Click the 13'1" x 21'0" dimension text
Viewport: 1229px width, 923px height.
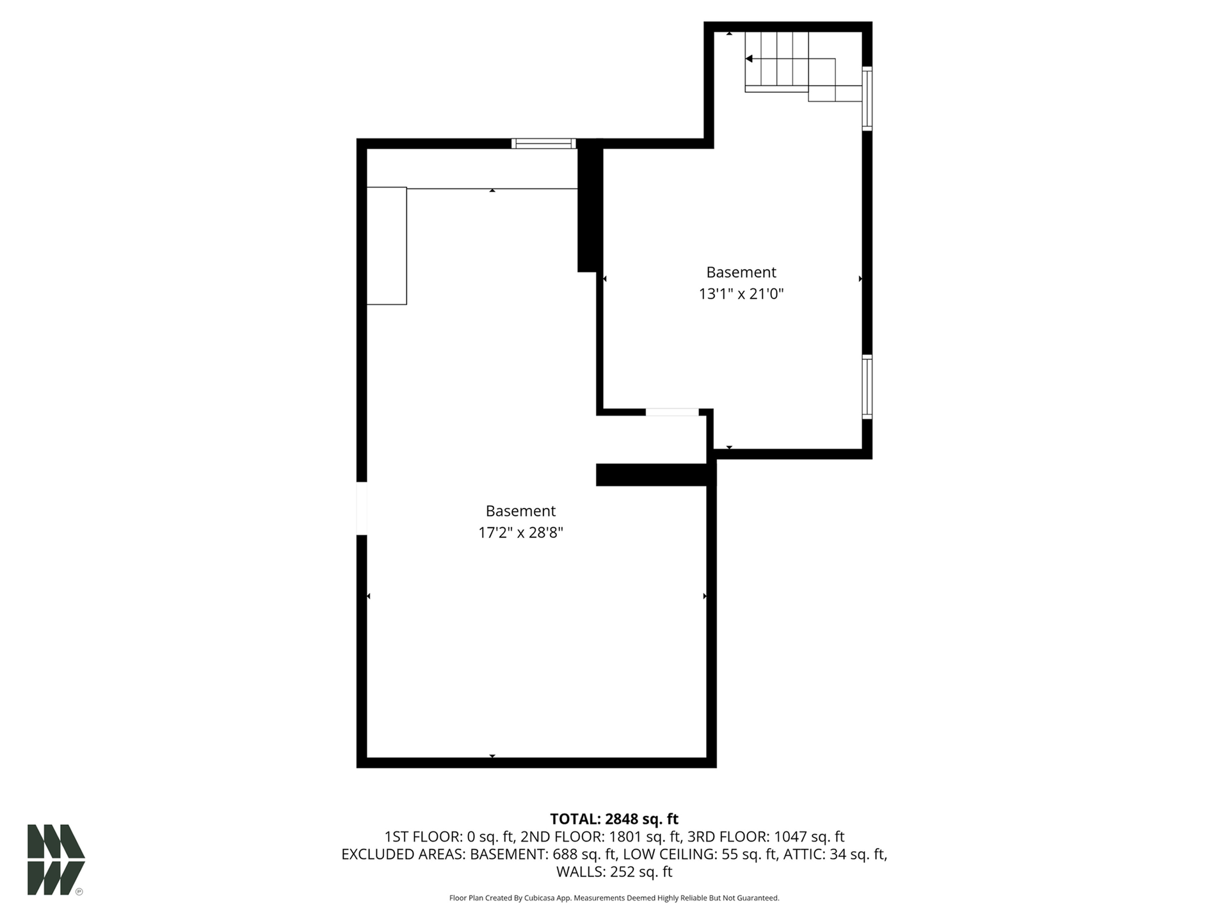click(741, 294)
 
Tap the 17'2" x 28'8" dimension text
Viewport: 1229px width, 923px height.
click(520, 533)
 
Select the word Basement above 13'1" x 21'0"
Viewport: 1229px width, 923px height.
click(741, 272)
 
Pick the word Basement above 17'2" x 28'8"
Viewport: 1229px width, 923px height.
click(520, 511)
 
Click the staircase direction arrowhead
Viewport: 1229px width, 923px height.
click(748, 59)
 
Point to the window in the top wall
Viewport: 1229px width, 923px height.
click(543, 143)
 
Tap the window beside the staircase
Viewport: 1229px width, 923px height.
click(867, 99)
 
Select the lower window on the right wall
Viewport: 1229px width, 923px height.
click(867, 387)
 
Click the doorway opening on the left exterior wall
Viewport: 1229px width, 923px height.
click(362, 508)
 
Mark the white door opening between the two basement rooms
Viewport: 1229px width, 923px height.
click(672, 412)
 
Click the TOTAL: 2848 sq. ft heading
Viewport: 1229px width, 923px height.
click(614, 819)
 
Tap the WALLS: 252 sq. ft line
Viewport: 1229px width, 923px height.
click(614, 872)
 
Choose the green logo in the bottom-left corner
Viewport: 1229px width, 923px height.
click(56, 860)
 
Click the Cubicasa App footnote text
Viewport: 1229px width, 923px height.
click(614, 898)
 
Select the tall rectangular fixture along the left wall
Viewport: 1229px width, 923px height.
click(387, 246)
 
